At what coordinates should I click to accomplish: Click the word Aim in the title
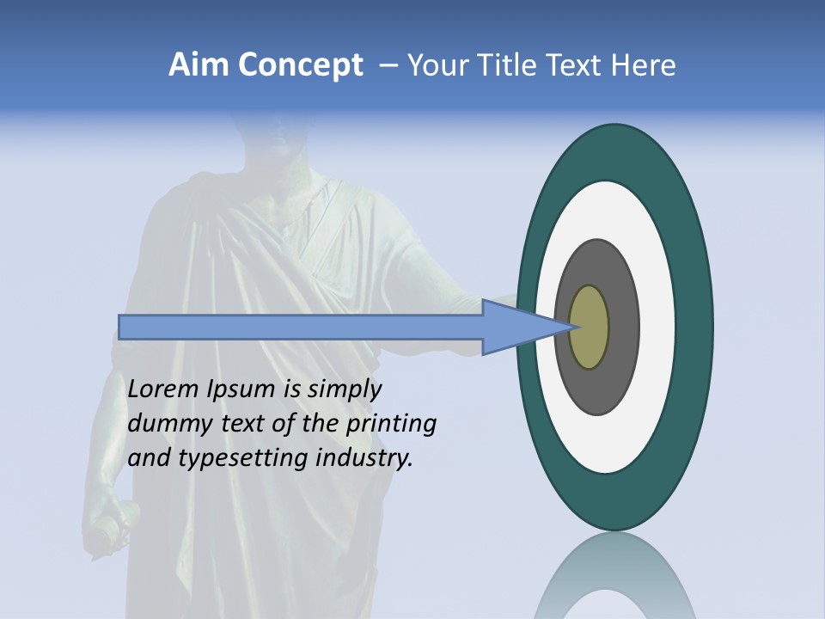[199, 65]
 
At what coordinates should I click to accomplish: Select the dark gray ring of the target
[625, 327]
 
